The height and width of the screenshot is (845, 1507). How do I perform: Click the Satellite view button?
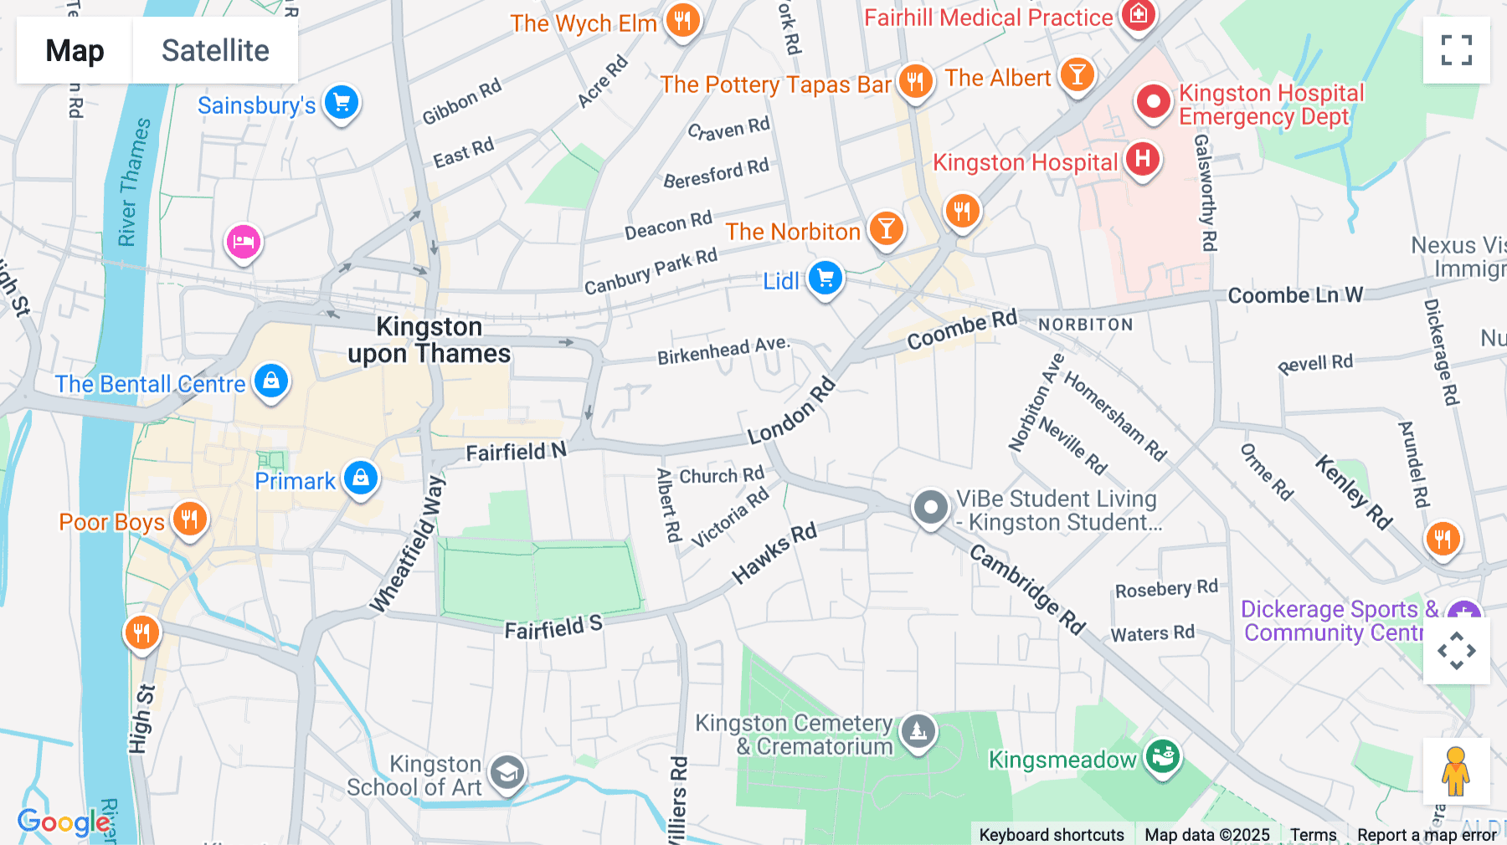[x=215, y=51]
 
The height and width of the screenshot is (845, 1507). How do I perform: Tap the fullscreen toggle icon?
[x=1456, y=50]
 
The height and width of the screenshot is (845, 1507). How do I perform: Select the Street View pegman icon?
[x=1456, y=771]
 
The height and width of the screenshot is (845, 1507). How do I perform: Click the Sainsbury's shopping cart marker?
[x=342, y=104]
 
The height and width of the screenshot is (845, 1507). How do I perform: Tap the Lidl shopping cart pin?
[x=826, y=279]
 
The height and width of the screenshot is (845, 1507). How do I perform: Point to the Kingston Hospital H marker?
[x=1143, y=159]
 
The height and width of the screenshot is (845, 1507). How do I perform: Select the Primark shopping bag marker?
[x=361, y=479]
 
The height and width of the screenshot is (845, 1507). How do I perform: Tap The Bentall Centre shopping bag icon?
[x=271, y=382]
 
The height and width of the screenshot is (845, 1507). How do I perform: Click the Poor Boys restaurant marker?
[x=190, y=520]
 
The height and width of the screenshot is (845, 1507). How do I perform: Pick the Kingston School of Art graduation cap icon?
[x=507, y=773]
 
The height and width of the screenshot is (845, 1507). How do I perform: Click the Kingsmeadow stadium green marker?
[x=1162, y=757]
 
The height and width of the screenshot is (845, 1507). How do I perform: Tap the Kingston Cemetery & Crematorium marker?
[x=918, y=732]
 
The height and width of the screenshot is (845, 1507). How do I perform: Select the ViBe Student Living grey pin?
[x=930, y=508]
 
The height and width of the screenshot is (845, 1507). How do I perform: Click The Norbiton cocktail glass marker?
[x=886, y=228]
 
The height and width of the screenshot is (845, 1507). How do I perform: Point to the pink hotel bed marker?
[x=244, y=243]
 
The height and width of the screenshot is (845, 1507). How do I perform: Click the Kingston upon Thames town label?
[x=429, y=340]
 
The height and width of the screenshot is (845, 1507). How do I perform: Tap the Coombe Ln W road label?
[x=1294, y=295]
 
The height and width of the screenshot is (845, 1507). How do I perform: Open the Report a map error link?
[x=1426, y=835]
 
